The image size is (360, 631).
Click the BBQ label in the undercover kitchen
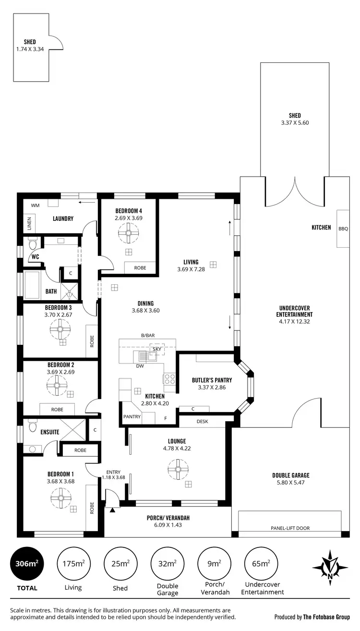click(x=343, y=229)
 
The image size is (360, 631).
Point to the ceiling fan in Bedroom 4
click(x=128, y=235)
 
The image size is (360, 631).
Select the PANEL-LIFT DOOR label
click(x=289, y=528)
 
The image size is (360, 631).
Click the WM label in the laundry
click(x=35, y=206)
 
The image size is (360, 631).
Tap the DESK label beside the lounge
click(x=202, y=422)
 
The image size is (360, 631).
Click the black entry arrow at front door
click(x=112, y=510)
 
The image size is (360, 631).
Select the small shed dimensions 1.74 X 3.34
click(x=30, y=49)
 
